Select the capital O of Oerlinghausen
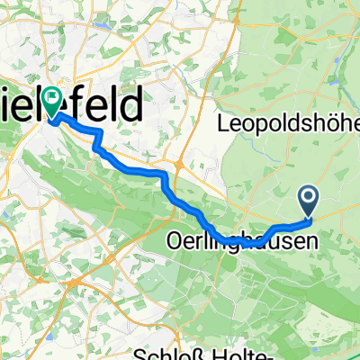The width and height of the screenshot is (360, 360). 174,241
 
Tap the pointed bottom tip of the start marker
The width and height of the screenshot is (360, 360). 308,215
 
